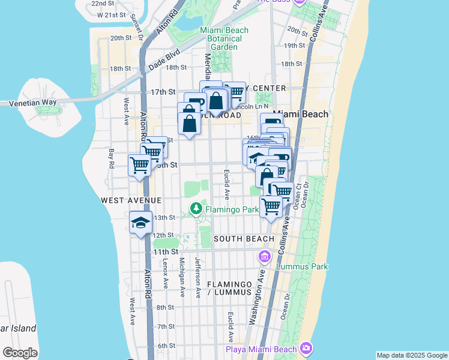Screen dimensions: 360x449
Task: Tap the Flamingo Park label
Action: tap(232, 210)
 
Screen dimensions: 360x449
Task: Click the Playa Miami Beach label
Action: tap(261, 350)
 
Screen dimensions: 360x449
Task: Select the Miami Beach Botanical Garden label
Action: tap(220, 38)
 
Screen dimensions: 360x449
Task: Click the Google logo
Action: tap(20, 352)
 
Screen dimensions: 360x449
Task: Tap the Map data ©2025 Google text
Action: tap(412, 355)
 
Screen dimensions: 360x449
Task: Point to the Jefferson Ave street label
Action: tap(197, 278)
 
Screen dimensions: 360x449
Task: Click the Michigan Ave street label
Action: tap(182, 278)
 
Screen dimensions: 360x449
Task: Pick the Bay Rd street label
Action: tap(112, 160)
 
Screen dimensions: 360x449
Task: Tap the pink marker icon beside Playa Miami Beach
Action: tap(307, 348)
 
